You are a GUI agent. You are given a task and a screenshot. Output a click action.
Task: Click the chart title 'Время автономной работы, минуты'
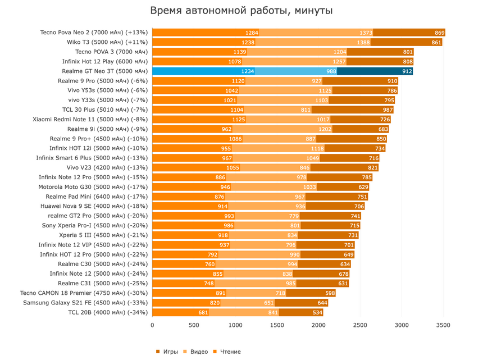[241, 11]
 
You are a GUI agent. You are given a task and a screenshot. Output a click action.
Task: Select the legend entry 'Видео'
[199, 352]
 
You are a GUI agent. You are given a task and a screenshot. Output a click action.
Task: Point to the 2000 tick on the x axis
[318, 325]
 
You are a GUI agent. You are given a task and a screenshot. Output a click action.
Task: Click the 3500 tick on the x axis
[443, 325]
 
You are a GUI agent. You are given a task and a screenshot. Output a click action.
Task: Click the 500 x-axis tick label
[194, 325]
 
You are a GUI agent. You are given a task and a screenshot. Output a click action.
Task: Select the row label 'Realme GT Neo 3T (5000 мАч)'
[105, 71]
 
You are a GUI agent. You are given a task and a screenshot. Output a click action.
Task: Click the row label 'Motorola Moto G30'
[93, 187]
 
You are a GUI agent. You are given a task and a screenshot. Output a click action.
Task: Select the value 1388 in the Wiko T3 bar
[363, 43]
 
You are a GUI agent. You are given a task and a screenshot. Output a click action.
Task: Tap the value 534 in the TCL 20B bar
[317, 312]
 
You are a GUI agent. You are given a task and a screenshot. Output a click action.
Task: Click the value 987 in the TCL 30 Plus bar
[388, 110]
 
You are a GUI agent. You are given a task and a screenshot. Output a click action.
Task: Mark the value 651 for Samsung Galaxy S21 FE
[268, 303]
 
